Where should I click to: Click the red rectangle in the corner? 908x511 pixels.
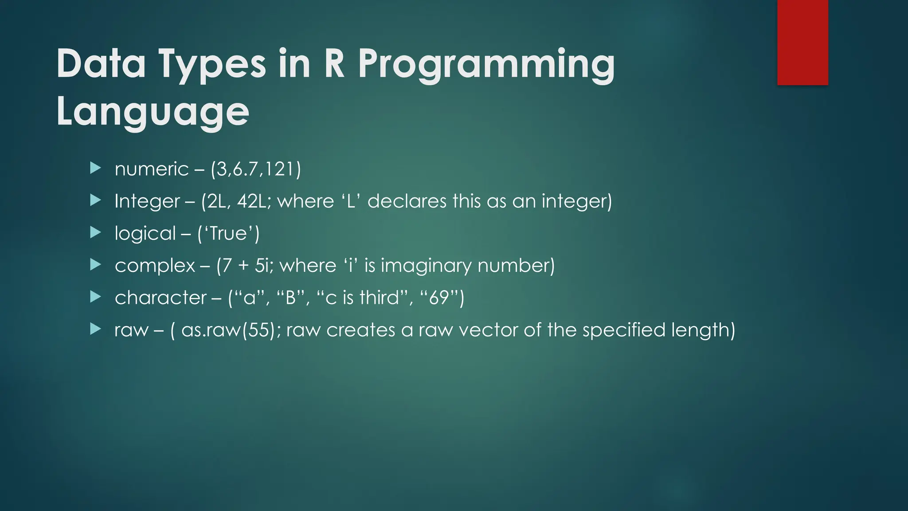tap(802, 42)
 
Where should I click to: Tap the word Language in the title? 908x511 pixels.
tap(153, 112)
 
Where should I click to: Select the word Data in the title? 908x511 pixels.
tap(101, 63)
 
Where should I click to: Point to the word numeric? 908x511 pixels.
tap(152, 169)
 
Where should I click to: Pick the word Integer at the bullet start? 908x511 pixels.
tap(147, 201)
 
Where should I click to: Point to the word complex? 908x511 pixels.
tap(155, 266)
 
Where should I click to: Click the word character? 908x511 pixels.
tap(160, 298)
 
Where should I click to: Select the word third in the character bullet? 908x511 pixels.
tap(380, 298)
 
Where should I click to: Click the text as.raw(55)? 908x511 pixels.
tap(230, 330)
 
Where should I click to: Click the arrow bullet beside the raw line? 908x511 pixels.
tap(95, 329)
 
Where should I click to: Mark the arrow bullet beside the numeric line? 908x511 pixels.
tap(95, 168)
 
